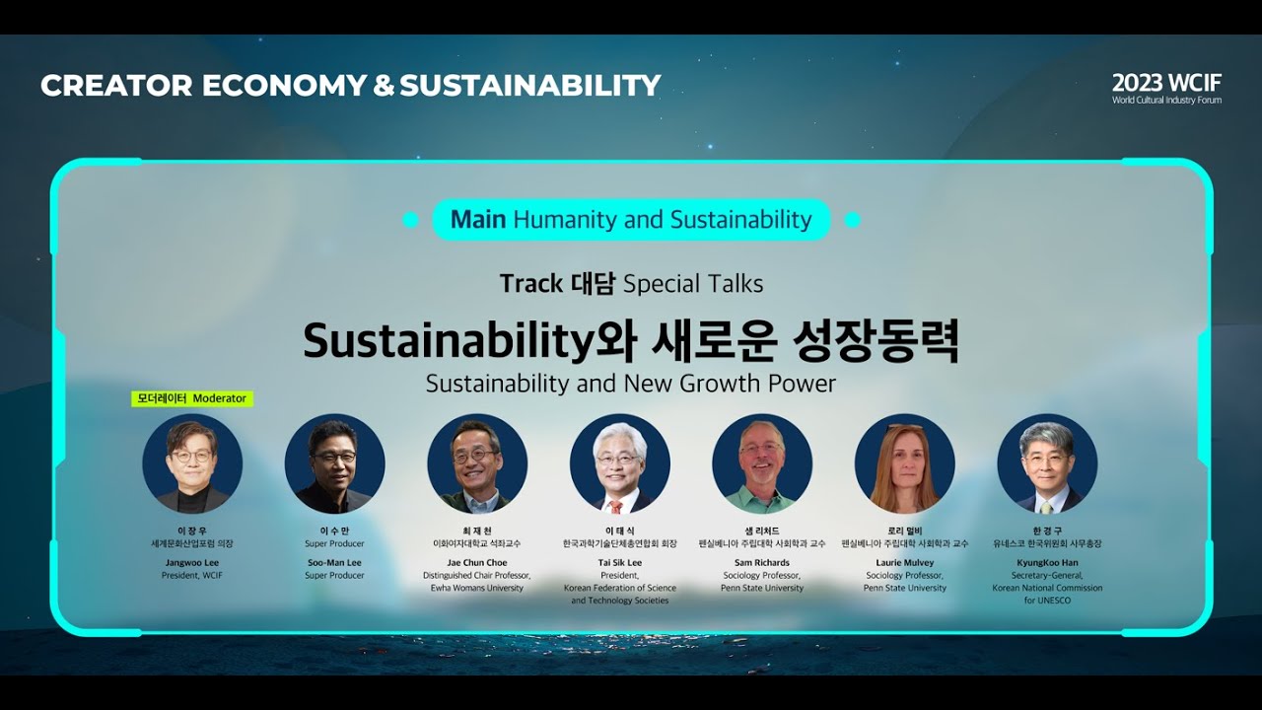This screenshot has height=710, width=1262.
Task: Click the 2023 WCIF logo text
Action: (1166, 83)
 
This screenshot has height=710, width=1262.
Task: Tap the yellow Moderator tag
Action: (192, 398)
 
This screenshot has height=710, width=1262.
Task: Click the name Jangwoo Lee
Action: (192, 562)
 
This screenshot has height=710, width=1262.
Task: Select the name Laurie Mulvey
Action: (904, 562)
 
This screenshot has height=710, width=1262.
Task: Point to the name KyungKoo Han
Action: (1047, 562)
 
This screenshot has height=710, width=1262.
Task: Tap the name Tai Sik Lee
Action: (619, 562)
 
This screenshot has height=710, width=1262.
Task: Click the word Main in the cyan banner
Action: (478, 220)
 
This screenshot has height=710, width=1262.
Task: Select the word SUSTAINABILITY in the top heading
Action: (529, 86)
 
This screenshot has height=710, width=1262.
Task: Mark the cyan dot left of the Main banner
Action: (411, 220)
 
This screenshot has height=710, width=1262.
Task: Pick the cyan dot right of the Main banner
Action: (853, 220)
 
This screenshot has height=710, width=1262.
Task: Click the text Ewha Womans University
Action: (477, 588)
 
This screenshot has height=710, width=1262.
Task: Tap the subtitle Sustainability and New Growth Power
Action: (631, 384)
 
